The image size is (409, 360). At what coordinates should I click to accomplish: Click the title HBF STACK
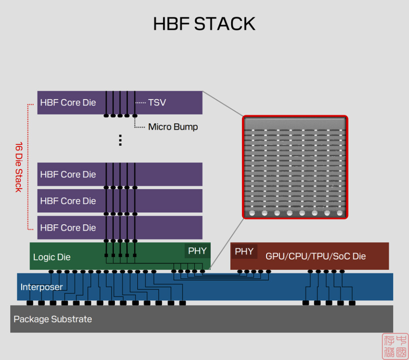coord(204,24)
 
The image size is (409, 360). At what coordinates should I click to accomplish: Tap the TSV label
coord(157,103)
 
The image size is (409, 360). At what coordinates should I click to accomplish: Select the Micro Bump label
coord(173,127)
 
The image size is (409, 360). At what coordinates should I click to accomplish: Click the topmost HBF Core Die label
coord(68,103)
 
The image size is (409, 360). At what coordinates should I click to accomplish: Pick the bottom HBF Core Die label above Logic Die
coord(68,227)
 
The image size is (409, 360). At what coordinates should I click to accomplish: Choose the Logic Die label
coord(52,257)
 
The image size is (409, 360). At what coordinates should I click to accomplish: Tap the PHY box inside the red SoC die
coord(244,251)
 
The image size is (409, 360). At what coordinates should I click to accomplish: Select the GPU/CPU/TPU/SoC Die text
coord(315,256)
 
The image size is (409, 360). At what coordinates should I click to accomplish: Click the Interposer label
coord(41,287)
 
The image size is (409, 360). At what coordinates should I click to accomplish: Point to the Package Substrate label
coord(52,319)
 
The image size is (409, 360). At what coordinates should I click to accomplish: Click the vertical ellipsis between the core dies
coord(120,140)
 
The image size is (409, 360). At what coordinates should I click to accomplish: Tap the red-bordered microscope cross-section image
coord(295,167)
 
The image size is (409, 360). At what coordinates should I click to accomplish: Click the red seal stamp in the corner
coord(395,346)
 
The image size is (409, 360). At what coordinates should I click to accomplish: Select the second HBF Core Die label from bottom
coord(68,201)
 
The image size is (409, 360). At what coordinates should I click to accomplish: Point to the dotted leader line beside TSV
coord(141,103)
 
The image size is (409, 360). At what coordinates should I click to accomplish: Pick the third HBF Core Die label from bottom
coord(68,175)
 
